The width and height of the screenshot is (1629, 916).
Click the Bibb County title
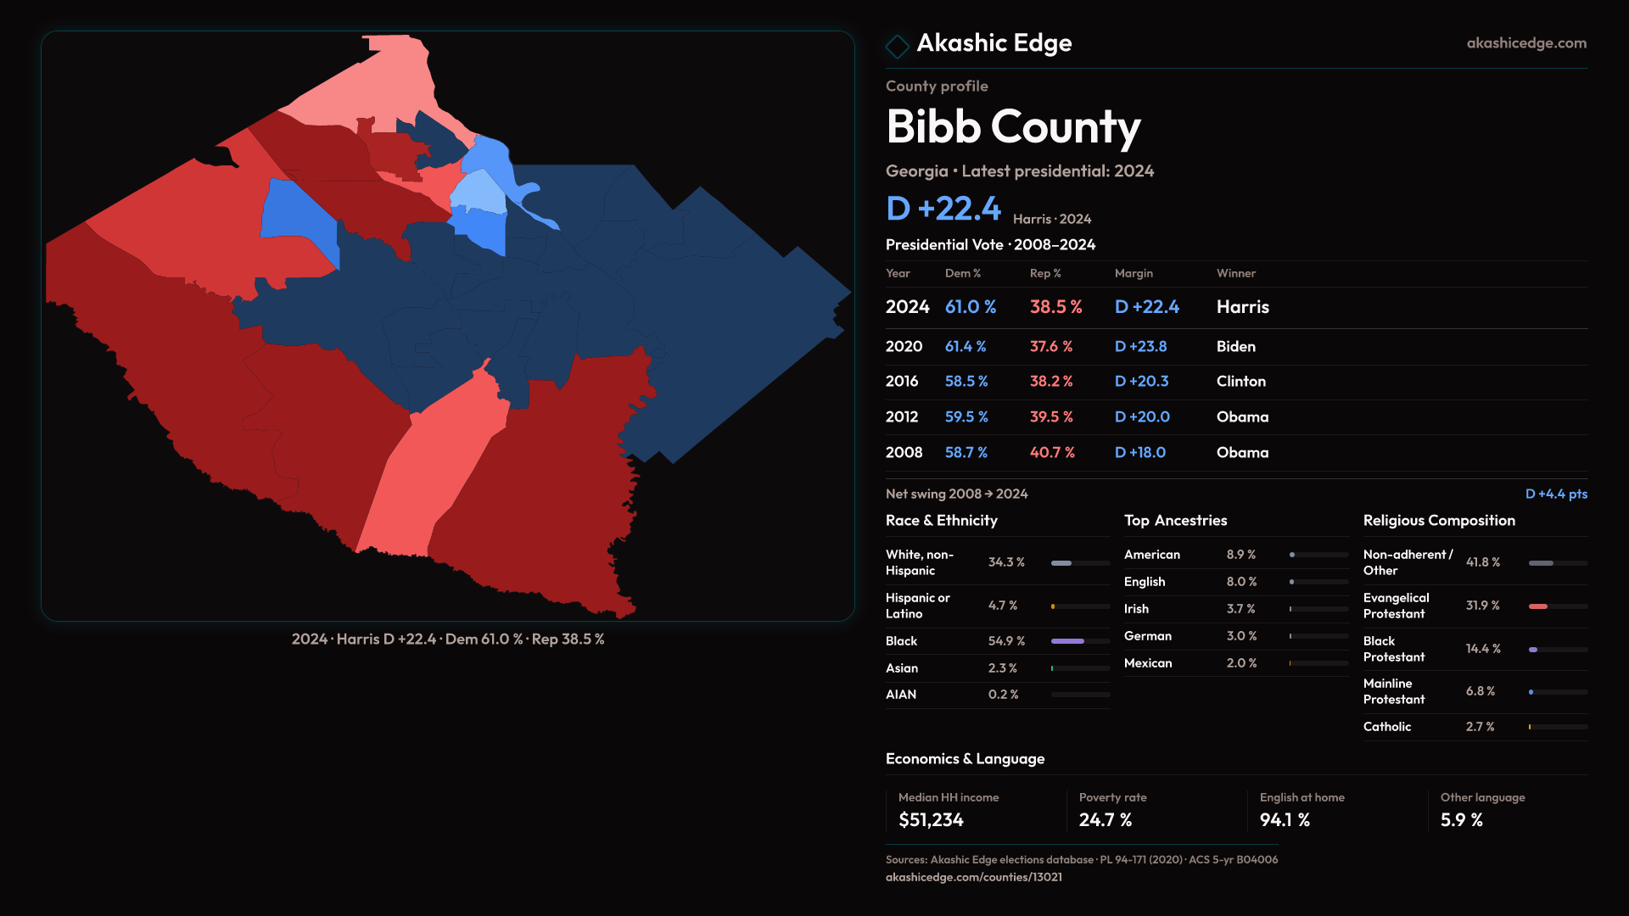tap(1013, 127)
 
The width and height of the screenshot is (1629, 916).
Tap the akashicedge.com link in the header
tap(1525, 43)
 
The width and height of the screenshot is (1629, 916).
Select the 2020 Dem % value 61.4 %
tap(966, 347)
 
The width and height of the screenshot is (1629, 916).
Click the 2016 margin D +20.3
tap(1141, 382)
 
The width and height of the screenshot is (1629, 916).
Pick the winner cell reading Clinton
tap(1240, 382)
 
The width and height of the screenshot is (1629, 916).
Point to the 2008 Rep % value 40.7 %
tap(1052, 453)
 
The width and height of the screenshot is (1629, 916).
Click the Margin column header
tap(1134, 273)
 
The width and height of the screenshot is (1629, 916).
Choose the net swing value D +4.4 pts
tap(1555, 494)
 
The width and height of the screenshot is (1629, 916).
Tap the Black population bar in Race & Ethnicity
tap(1068, 641)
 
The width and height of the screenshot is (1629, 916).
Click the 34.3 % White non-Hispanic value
tap(1006, 562)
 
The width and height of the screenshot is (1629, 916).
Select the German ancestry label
tap(1147, 636)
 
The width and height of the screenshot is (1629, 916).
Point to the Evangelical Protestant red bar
tap(1538, 606)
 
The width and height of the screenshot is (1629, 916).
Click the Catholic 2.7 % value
tap(1480, 727)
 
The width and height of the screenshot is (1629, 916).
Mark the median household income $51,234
tap(931, 820)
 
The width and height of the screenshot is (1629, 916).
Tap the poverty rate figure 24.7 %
tap(1105, 820)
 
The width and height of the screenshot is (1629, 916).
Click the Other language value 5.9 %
tap(1461, 820)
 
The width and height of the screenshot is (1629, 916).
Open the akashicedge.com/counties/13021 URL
tap(973, 877)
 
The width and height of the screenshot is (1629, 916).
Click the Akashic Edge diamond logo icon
tap(897, 46)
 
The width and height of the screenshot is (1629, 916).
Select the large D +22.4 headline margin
tap(943, 209)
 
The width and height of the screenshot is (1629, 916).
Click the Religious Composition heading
tap(1438, 521)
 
